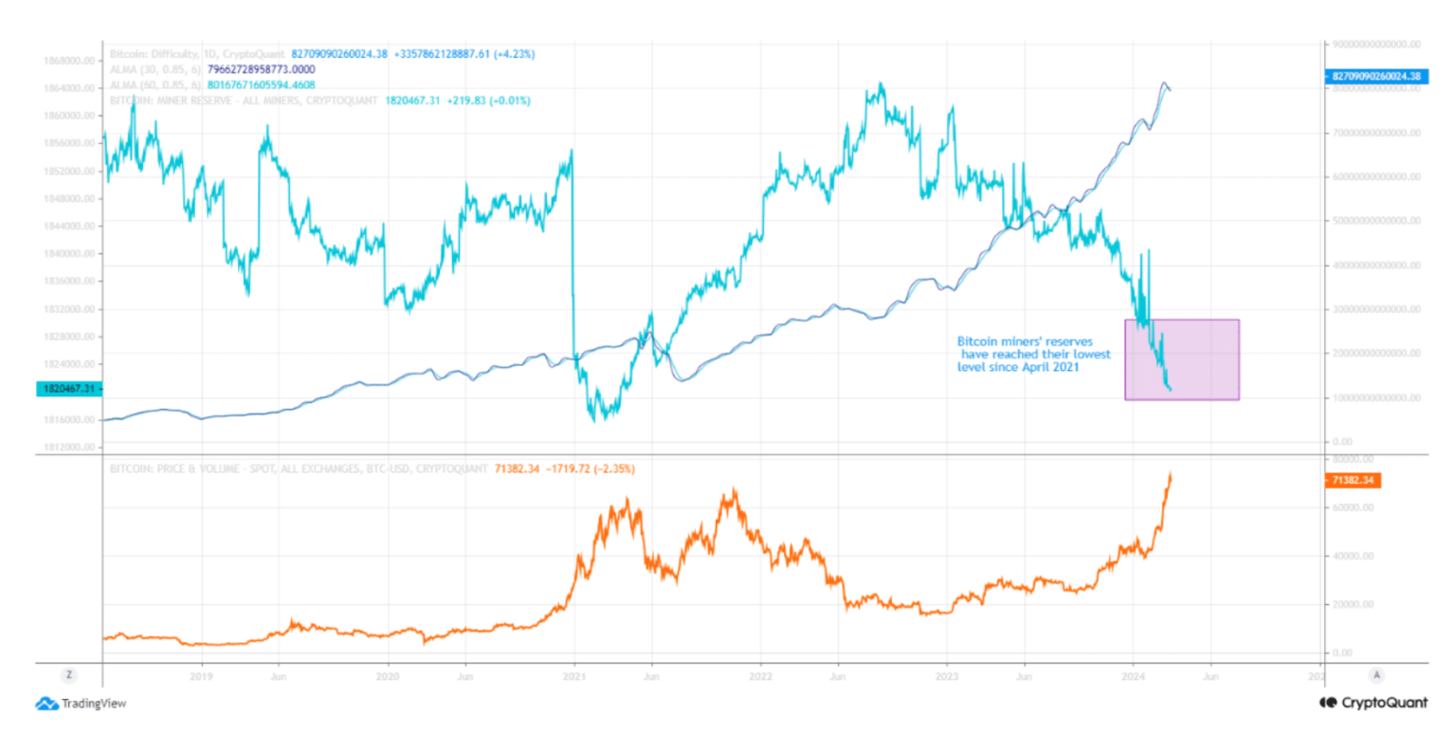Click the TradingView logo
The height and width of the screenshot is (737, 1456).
(81, 704)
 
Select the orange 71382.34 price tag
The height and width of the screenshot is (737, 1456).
(1355, 481)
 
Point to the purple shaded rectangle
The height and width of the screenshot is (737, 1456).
(1182, 359)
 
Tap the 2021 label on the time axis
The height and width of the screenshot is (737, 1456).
(573, 676)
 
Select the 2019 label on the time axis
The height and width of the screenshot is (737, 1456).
(200, 676)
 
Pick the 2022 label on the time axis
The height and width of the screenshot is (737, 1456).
(760, 676)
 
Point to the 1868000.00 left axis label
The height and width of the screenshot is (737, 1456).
(71, 60)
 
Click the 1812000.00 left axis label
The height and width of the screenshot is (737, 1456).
(71, 446)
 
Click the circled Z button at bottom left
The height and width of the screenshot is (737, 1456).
(68, 675)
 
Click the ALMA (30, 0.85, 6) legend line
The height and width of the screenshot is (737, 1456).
(213, 70)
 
